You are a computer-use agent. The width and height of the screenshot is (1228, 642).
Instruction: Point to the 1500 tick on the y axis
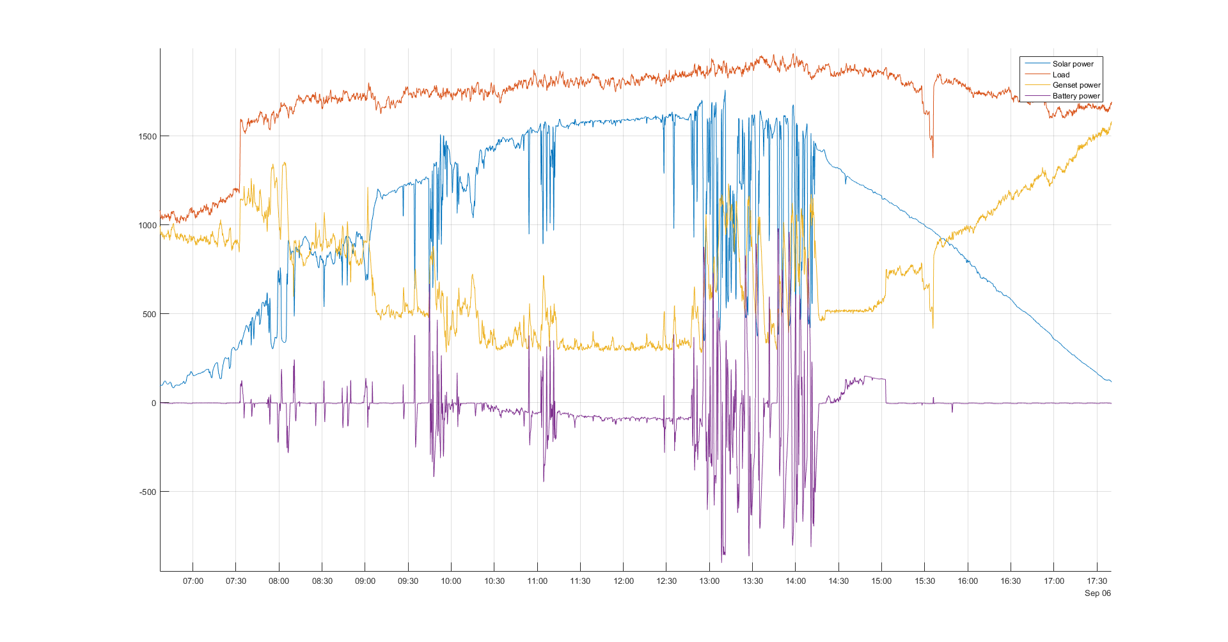tap(147, 136)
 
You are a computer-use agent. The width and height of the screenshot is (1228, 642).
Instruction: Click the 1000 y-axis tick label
tap(147, 225)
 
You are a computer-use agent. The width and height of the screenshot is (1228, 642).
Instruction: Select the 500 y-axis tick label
tap(149, 314)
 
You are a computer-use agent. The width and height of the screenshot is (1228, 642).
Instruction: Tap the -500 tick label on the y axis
tap(147, 492)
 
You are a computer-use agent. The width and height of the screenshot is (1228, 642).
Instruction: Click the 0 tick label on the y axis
tap(153, 403)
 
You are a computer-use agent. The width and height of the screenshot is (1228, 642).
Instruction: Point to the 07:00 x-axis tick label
tap(193, 581)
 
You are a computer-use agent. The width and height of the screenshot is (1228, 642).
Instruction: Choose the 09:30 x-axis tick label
tap(408, 581)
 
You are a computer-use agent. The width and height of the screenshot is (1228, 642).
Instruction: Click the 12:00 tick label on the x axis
tap(624, 581)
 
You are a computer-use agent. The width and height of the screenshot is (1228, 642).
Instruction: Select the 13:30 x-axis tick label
tap(753, 581)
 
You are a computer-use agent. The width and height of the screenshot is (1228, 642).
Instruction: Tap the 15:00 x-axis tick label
tap(881, 581)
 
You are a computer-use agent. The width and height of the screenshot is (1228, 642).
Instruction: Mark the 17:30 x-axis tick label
tap(1097, 581)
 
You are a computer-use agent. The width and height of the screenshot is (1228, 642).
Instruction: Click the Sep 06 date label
tap(1098, 593)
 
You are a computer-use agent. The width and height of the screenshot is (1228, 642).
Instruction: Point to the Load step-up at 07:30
tap(240, 153)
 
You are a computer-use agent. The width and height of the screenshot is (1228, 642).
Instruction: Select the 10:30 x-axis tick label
tap(494, 581)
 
